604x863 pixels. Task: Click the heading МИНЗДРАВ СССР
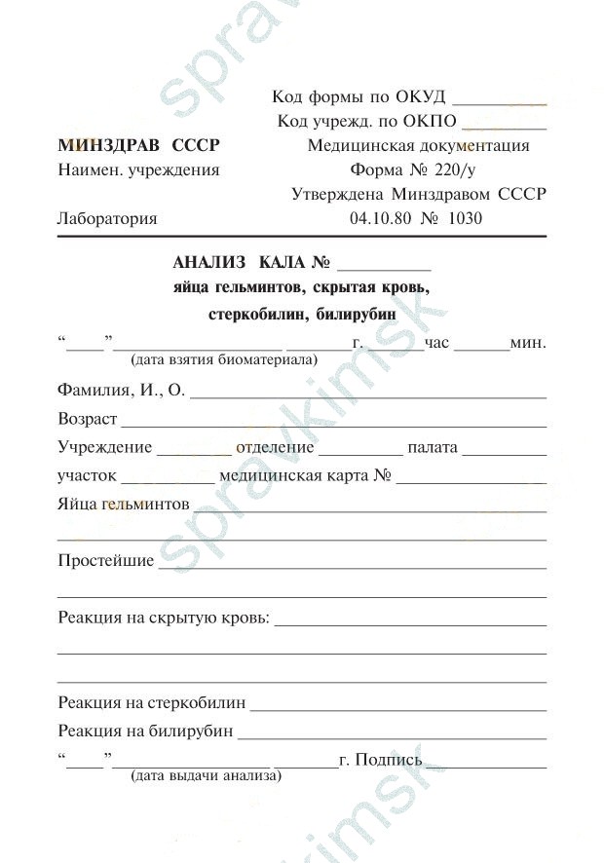[138, 146]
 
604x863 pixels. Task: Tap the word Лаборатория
[107, 219]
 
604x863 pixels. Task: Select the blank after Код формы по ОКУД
[500, 100]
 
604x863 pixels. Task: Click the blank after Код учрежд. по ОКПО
[504, 125]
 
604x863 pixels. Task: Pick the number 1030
[465, 219]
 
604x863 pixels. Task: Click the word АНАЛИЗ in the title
[210, 263]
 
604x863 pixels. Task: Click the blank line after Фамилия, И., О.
[367, 395]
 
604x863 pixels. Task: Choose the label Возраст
[88, 419]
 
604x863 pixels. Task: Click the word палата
[433, 448]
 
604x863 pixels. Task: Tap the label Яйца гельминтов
[124, 505]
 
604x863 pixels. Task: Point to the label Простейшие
[106, 561]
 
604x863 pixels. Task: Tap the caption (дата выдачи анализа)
[206, 776]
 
